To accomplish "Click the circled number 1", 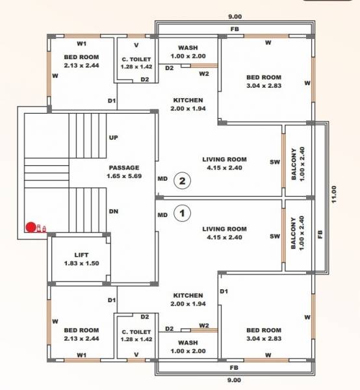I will coord(183,212).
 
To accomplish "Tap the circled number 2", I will coord(183,181).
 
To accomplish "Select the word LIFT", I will coord(81,255).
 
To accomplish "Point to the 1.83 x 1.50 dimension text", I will coord(81,263).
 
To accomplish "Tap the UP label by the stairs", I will coord(113,138).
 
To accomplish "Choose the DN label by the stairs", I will coord(113,211).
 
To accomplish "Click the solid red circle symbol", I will coord(31,227).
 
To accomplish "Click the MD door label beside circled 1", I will coord(162,214).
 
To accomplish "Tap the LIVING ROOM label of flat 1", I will coord(224,229).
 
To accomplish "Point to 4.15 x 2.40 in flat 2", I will coord(224,168).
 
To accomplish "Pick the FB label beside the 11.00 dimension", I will coord(320,235).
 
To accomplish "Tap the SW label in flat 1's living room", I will coord(274,237).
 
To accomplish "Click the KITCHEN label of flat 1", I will coord(188,296).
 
